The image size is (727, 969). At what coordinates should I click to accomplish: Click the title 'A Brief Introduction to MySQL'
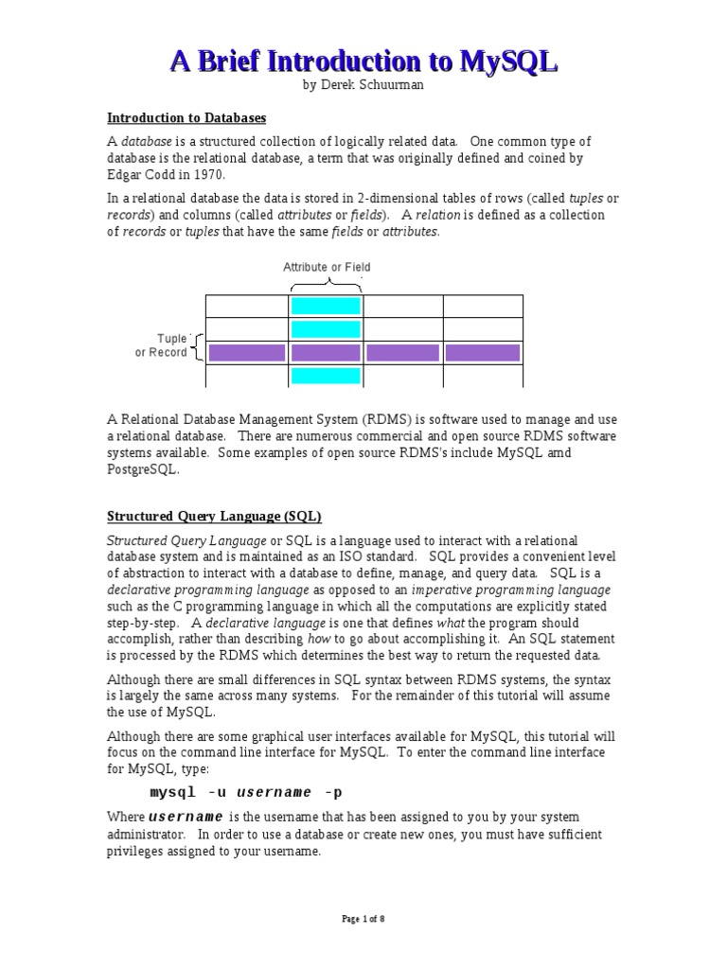click(x=363, y=62)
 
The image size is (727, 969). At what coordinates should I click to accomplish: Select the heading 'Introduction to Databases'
click(x=186, y=118)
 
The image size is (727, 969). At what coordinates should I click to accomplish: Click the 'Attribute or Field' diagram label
click(x=327, y=268)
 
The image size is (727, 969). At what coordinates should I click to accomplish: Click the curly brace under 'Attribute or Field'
click(x=327, y=284)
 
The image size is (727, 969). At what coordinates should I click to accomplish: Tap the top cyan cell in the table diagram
click(x=326, y=306)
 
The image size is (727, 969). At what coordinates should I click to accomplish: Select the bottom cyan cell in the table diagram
click(x=326, y=376)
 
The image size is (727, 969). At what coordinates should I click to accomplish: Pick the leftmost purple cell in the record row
click(x=246, y=353)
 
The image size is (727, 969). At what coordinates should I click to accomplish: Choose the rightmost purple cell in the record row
click(x=483, y=353)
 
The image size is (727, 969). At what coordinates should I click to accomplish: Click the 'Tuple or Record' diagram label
click(x=163, y=346)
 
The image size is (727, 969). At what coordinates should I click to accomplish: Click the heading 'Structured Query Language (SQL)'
click(x=214, y=516)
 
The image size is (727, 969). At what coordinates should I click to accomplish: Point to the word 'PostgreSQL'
click(x=144, y=469)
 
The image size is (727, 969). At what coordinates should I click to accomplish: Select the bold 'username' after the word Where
click(x=186, y=817)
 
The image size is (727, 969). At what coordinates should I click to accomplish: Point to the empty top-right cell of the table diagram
click(x=483, y=306)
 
